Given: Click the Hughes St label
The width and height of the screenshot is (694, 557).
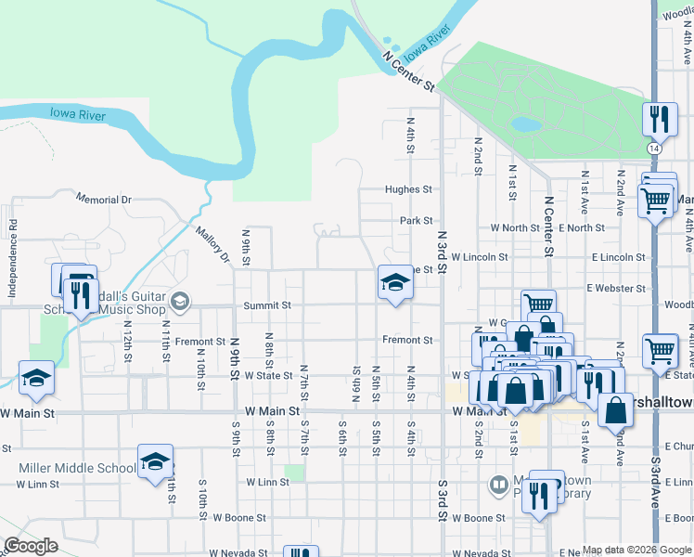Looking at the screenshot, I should pyautogui.click(x=409, y=189).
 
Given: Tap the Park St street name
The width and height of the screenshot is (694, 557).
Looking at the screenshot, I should pyautogui.click(x=417, y=221).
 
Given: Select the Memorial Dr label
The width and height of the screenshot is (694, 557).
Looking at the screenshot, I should pyautogui.click(x=104, y=200).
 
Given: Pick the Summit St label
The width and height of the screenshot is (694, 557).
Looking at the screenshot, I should pyautogui.click(x=267, y=305).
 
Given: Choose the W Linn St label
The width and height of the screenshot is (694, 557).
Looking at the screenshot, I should pyautogui.click(x=269, y=483).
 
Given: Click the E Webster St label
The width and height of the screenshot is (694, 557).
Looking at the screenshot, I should pyautogui.click(x=614, y=289).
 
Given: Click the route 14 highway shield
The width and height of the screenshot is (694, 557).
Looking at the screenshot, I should pyautogui.click(x=655, y=149).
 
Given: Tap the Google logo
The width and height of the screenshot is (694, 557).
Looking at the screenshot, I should pyautogui.click(x=31, y=546).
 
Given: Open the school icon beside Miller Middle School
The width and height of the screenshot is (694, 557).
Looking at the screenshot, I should pyautogui.click(x=155, y=461).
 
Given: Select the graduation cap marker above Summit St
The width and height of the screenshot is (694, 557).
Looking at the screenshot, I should pyautogui.click(x=394, y=282).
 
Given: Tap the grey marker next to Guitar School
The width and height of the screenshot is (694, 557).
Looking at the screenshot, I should pyautogui.click(x=179, y=300).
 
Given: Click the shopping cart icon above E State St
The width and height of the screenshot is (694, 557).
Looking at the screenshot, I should pyautogui.click(x=661, y=350).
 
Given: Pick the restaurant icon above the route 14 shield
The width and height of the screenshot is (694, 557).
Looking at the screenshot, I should pyautogui.click(x=656, y=118).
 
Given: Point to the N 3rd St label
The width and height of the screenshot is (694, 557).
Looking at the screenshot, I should pyautogui.click(x=443, y=251).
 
